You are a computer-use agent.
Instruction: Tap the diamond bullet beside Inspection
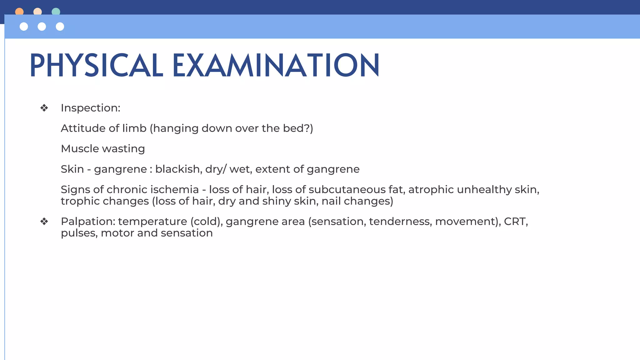[x=44, y=108]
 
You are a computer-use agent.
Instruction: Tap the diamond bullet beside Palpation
[x=44, y=222]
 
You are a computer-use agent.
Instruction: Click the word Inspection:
[x=90, y=108]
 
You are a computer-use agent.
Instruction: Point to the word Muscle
[x=80, y=148]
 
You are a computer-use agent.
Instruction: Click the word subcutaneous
[x=347, y=189]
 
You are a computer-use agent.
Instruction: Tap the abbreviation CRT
[x=515, y=221]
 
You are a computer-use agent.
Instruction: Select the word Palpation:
[x=88, y=222]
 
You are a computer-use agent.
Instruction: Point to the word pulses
[x=79, y=233]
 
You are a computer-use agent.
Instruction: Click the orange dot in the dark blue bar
[x=19, y=12]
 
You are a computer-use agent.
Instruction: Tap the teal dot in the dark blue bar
[x=56, y=12]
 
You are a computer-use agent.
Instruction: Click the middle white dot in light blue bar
[x=42, y=27]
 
